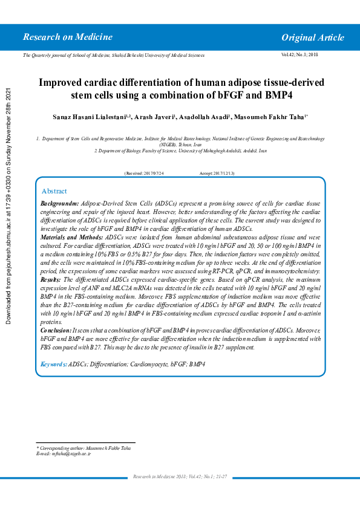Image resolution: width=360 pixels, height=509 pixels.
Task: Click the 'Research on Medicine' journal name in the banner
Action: point(67,37)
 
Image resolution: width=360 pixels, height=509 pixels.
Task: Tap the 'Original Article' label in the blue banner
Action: point(312,38)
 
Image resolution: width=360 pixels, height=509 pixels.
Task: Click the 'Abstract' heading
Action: point(54,191)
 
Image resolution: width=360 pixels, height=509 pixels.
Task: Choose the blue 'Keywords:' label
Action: point(53,365)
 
